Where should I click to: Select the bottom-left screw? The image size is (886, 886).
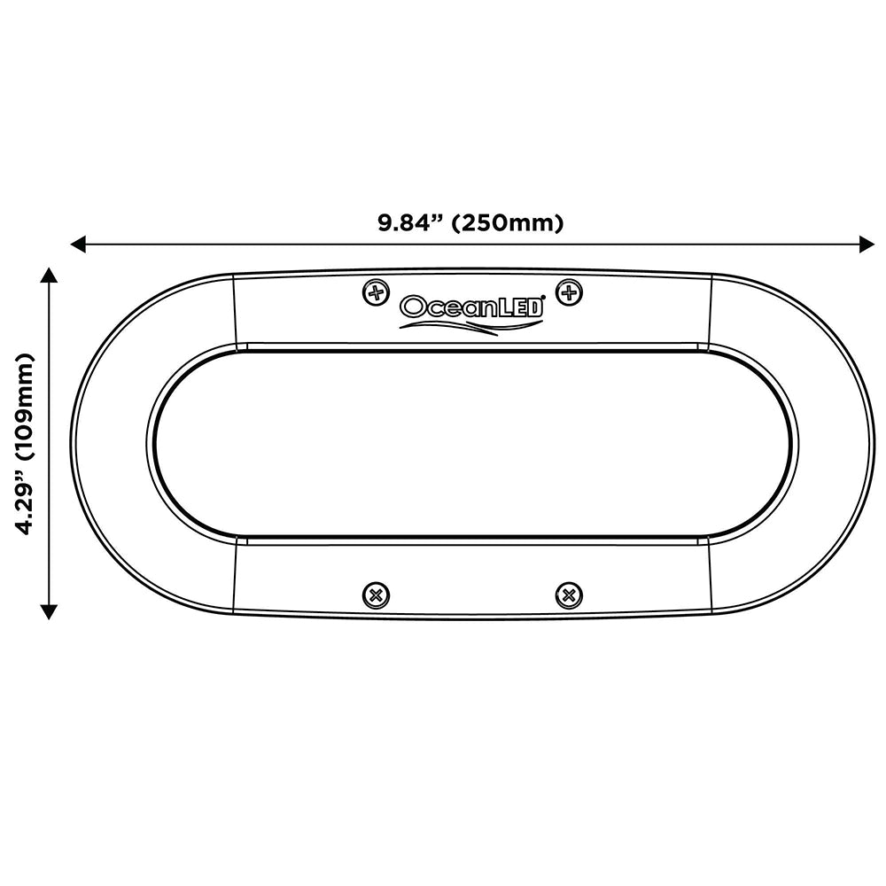pyautogui.click(x=377, y=595)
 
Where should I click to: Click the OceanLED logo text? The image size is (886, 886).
pyautogui.click(x=472, y=307)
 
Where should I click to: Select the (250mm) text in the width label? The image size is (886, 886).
pyautogui.click(x=507, y=222)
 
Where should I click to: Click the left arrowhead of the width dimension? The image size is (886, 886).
pyautogui.click(x=78, y=243)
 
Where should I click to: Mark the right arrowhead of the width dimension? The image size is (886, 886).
pyautogui.click(x=865, y=243)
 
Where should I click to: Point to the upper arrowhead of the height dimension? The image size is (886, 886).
pyautogui.click(x=49, y=278)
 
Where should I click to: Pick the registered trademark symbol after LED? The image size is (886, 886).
pyautogui.click(x=543, y=299)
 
